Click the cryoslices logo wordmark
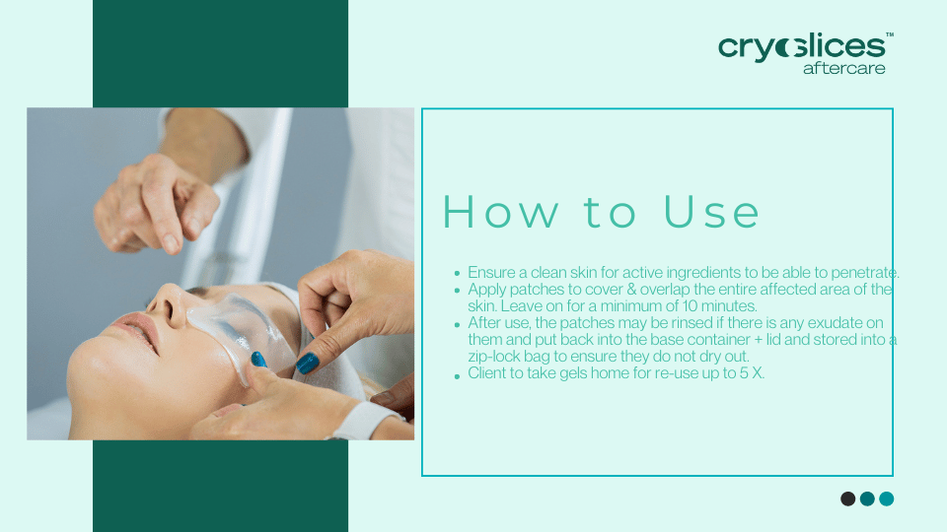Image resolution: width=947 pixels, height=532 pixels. point(801,46)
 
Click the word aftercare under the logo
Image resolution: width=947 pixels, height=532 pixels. point(843,68)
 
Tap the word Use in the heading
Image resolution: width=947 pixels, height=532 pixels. point(711,213)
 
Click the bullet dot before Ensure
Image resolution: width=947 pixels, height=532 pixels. point(457,273)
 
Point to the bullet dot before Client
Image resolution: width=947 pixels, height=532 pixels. point(457,375)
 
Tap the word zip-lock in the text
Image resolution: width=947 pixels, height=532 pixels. point(499,356)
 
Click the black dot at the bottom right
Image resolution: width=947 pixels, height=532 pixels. point(847,499)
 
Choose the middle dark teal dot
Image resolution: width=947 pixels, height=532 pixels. point(867,499)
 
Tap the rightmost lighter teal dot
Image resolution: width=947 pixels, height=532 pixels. point(886,499)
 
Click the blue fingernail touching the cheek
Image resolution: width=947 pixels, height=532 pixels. point(307,363)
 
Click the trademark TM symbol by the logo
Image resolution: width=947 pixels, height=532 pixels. point(890,35)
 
